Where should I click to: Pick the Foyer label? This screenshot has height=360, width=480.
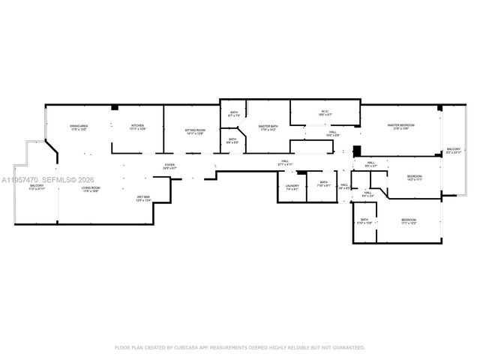(x=170, y=166)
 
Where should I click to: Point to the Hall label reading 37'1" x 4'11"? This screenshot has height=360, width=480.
(x=286, y=162)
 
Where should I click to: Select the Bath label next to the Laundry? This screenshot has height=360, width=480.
(x=323, y=184)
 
